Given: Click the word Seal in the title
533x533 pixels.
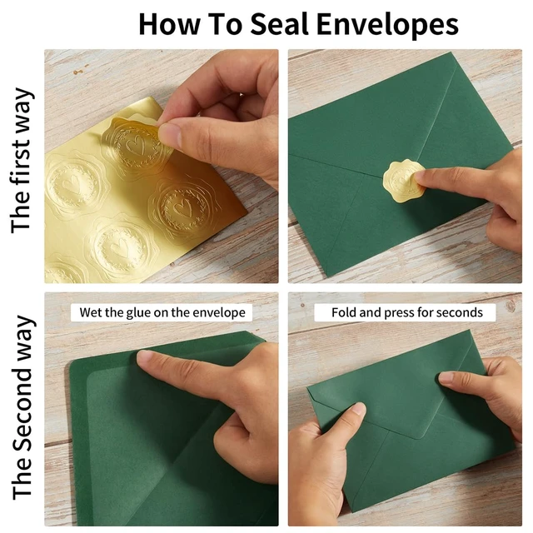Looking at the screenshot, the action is (x=280, y=24).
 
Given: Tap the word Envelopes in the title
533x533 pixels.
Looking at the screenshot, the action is (x=387, y=25).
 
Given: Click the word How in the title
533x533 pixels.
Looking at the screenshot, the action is (x=169, y=24).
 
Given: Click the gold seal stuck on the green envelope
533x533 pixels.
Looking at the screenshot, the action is (x=403, y=181).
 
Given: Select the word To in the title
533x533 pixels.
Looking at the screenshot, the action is (x=224, y=24).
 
